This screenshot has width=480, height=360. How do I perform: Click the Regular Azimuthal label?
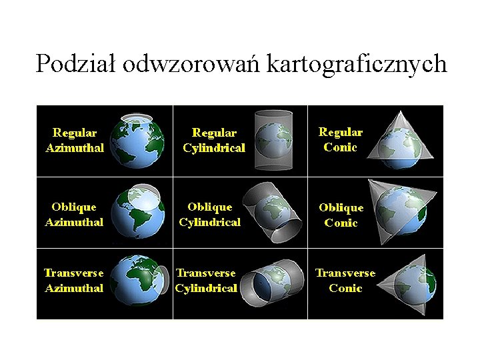(75, 141)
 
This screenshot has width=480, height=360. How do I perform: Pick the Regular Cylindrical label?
(214, 141)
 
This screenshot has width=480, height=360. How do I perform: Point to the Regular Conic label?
(340, 140)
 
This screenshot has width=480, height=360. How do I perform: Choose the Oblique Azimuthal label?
(74, 215)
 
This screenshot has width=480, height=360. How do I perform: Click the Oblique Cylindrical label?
(210, 214)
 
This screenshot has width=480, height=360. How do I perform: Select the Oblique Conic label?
(341, 215)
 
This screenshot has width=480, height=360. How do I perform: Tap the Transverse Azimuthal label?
(74, 281)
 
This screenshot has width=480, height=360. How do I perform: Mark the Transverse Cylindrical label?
(206, 281)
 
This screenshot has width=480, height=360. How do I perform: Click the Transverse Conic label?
(345, 281)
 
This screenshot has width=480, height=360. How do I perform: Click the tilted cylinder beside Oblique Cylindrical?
(273, 212)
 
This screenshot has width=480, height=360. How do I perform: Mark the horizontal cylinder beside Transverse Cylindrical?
(273, 284)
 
